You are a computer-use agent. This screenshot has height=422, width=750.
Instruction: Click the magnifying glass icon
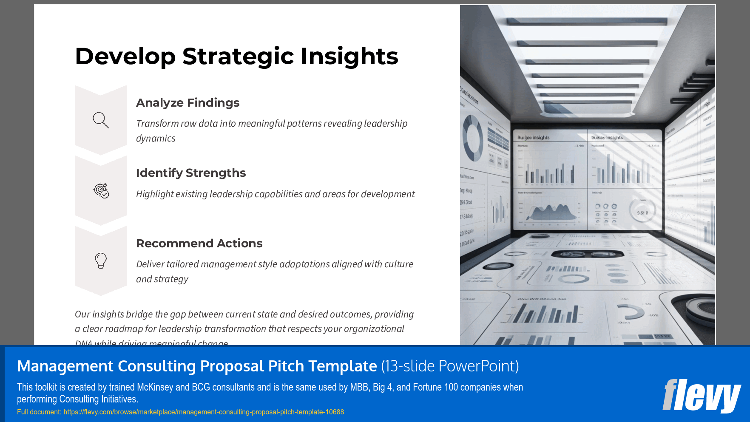(x=101, y=120)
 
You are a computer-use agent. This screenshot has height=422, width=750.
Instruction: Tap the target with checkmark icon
(x=101, y=190)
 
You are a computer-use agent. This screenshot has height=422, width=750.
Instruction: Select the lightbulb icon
(x=101, y=261)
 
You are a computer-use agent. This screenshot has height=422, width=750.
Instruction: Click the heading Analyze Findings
(x=187, y=103)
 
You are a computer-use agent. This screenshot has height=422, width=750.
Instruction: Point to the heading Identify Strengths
(x=190, y=173)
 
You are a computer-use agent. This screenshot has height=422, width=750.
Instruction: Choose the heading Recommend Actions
(x=199, y=244)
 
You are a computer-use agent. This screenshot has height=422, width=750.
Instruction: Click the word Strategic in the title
(x=238, y=57)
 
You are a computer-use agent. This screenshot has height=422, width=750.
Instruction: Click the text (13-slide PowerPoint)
(x=450, y=366)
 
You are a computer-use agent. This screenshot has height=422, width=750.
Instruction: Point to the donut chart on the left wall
(x=472, y=139)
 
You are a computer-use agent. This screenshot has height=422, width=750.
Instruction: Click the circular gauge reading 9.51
(x=642, y=212)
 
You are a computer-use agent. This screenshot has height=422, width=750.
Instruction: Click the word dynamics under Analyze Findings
(x=156, y=139)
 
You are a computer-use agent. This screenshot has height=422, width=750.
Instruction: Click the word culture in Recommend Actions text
(x=398, y=264)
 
